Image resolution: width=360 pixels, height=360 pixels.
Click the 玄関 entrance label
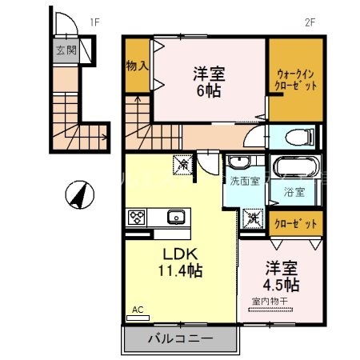[x=65, y=50]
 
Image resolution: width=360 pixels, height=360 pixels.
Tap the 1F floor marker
[x=94, y=22]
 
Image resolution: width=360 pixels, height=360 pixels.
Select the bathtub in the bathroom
[x=297, y=169]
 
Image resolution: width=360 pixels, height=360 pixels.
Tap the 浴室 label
[x=294, y=192]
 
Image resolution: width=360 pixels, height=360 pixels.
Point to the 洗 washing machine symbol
[x=254, y=217]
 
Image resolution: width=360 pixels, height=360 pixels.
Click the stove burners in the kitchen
[x=137, y=217]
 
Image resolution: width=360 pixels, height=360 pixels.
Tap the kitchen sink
[x=175, y=217]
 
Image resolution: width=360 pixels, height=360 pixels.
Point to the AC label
[x=137, y=309]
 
